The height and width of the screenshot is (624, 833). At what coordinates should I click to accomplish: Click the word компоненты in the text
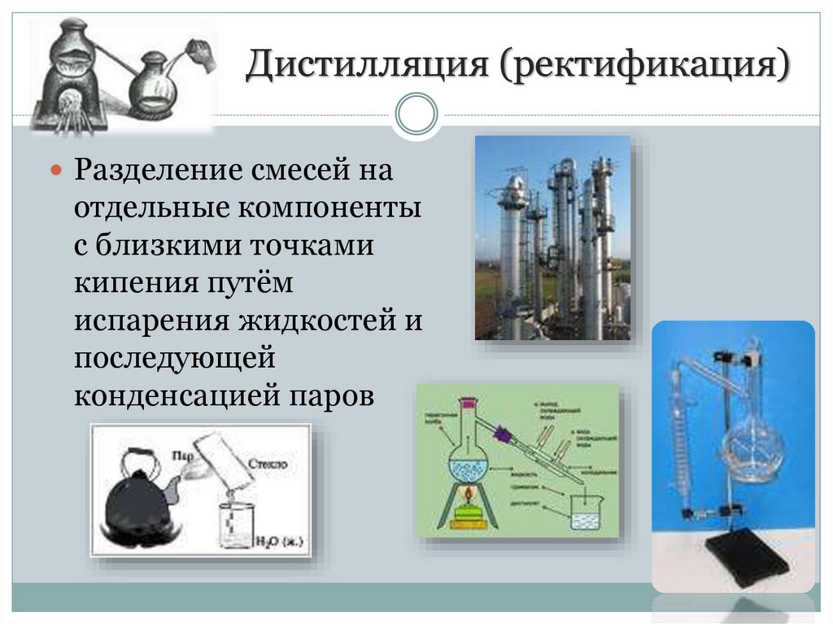coord(330,209)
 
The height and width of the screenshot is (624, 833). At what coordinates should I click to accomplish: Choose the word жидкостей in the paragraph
coord(322,321)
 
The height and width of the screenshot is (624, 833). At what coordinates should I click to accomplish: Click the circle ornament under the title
coord(416,113)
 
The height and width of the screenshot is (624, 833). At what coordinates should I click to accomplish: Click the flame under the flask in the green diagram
coord(467,493)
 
